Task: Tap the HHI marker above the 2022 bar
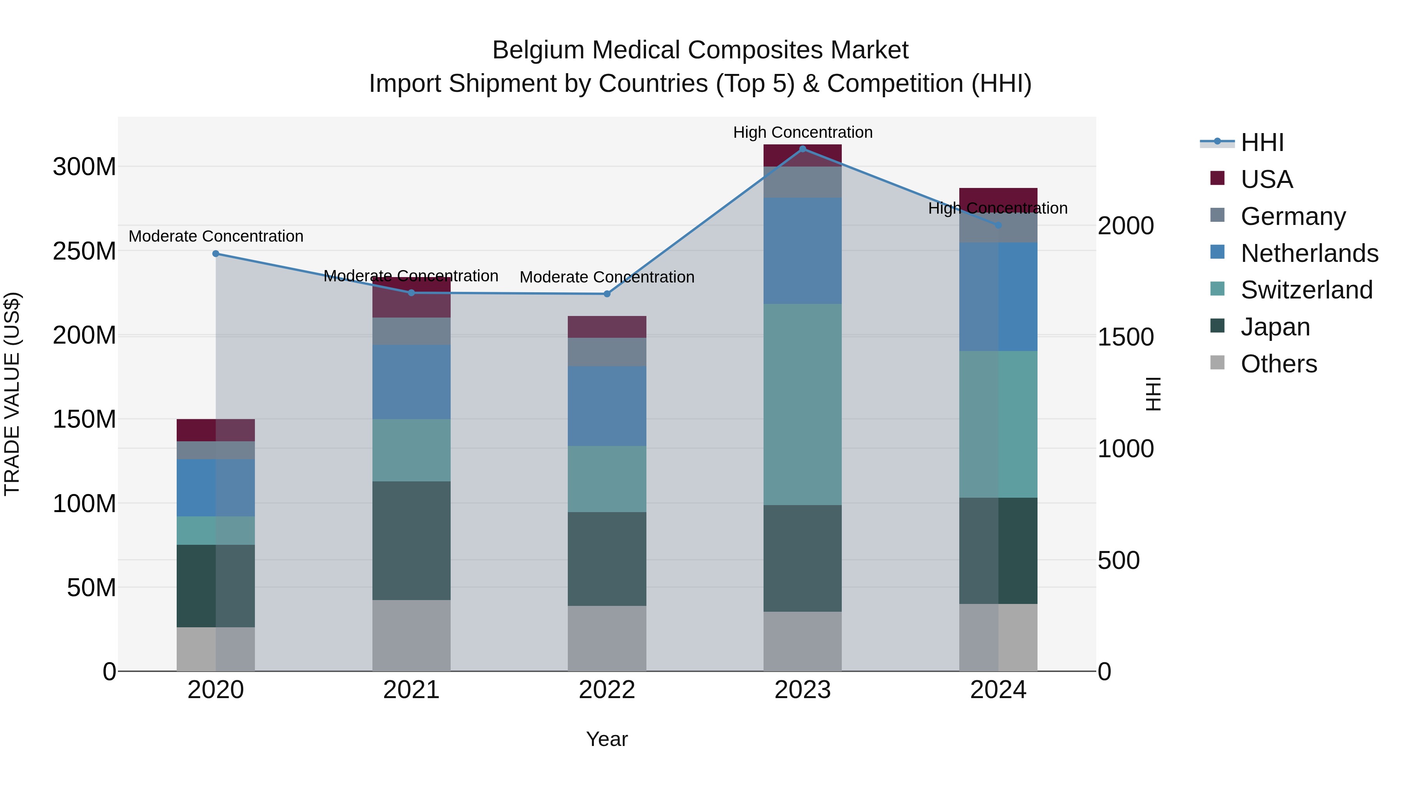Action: [607, 294]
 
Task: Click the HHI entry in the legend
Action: [1262, 142]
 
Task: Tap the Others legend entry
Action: [1278, 364]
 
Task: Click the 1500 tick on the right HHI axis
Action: [1125, 337]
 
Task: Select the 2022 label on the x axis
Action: [607, 690]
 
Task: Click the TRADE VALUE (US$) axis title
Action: [12, 394]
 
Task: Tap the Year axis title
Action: [607, 739]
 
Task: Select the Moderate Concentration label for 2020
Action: [216, 236]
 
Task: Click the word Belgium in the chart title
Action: [539, 50]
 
